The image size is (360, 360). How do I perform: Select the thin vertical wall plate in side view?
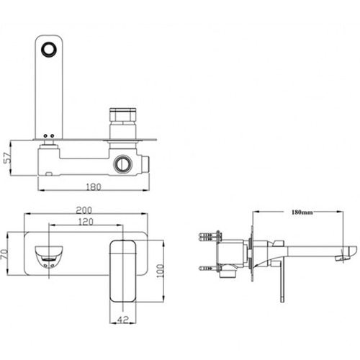[x=252, y=252]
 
